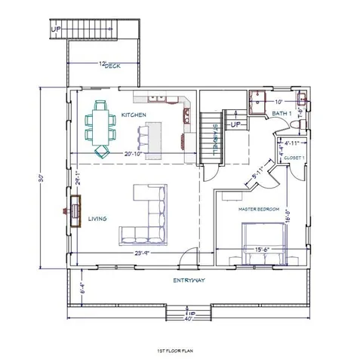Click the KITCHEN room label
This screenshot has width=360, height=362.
tap(133, 115)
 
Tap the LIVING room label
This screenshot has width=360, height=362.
tap(97, 219)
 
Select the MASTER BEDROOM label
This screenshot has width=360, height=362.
tap(259, 208)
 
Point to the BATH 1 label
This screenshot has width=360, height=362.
tap(281, 114)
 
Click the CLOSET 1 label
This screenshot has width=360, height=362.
tap(295, 157)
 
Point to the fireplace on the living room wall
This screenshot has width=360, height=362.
tap(77, 210)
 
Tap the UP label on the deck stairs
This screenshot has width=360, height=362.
tap(55, 29)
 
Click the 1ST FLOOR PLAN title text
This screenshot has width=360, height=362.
tap(180, 351)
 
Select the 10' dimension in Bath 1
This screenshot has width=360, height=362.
tap(278, 101)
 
